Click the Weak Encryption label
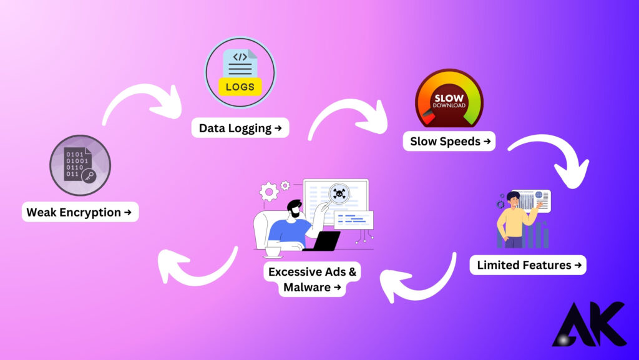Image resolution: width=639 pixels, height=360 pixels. [x=79, y=212]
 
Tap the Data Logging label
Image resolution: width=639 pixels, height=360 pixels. [x=240, y=129]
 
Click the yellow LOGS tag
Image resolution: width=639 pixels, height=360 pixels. [x=240, y=87]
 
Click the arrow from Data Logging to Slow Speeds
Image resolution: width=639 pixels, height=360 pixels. [x=346, y=115]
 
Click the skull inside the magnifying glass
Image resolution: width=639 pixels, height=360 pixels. [x=339, y=193]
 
